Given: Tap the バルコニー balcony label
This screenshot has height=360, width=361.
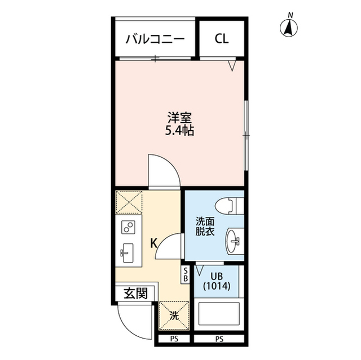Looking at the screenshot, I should [x=154, y=39].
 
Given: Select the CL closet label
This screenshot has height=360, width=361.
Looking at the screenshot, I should [x=221, y=39].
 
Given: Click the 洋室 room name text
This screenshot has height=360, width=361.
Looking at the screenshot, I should [x=180, y=118].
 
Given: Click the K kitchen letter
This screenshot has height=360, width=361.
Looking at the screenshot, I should [x=153, y=243].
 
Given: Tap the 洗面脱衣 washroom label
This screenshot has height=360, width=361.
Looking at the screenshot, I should [x=205, y=226].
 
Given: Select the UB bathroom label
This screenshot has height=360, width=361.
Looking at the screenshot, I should [x=217, y=277].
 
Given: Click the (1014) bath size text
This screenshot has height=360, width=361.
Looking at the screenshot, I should [x=217, y=286].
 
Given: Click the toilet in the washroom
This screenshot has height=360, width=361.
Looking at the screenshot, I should [x=231, y=207].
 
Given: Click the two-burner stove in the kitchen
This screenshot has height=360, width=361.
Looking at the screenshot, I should [x=128, y=228].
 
